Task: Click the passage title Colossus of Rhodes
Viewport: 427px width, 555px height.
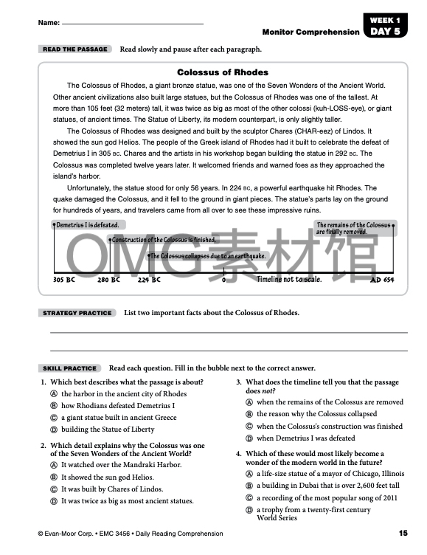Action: [x=223, y=72]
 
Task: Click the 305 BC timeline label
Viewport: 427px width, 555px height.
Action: [x=64, y=280]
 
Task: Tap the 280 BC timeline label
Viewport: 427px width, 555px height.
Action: [x=108, y=280]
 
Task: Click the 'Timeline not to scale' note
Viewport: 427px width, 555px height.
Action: [x=288, y=280]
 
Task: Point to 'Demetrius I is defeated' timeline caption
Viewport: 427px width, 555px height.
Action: [x=86, y=225]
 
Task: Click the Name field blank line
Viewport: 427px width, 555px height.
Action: [x=133, y=24]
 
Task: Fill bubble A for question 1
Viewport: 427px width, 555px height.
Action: [x=54, y=394]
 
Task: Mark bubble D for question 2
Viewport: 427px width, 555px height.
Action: [x=54, y=501]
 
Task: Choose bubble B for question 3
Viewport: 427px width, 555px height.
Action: [x=249, y=414]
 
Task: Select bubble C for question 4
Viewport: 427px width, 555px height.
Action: [x=249, y=497]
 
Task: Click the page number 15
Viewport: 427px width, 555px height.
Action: [x=403, y=533]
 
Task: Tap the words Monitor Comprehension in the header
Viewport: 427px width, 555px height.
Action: [x=310, y=32]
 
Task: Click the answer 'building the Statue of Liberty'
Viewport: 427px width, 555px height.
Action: [x=108, y=430]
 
